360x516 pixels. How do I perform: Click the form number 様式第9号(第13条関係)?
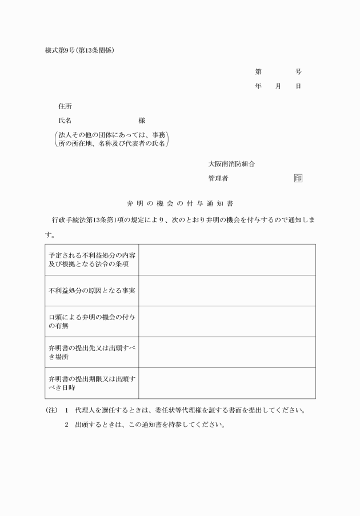coord(79,50)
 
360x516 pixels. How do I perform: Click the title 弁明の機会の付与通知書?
coord(180,203)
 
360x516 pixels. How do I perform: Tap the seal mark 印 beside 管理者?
coord(298,178)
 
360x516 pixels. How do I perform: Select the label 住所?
coord(65,106)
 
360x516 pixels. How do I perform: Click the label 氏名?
coord(65,121)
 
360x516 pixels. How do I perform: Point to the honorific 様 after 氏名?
coord(142,121)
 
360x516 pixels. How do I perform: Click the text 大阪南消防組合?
coord(231,164)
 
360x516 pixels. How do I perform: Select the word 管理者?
coord(218,178)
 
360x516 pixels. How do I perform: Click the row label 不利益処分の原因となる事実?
coord(91,290)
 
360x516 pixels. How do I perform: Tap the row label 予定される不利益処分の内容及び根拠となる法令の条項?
coord(91,259)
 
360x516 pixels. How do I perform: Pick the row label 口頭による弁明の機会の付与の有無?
coord(91,321)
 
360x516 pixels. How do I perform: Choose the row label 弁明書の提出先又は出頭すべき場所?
coord(91,352)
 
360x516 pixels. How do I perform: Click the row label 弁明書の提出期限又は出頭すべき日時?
coord(91,383)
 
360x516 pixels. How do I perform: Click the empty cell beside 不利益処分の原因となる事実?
coord(227,290)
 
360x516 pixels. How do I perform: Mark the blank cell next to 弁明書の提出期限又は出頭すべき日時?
coord(227,383)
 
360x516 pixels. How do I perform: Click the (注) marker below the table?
coord(51,410)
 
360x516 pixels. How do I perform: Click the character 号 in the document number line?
coord(298,72)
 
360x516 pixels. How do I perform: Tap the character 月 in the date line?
coord(278,86)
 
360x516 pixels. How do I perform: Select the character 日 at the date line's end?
coord(298,86)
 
